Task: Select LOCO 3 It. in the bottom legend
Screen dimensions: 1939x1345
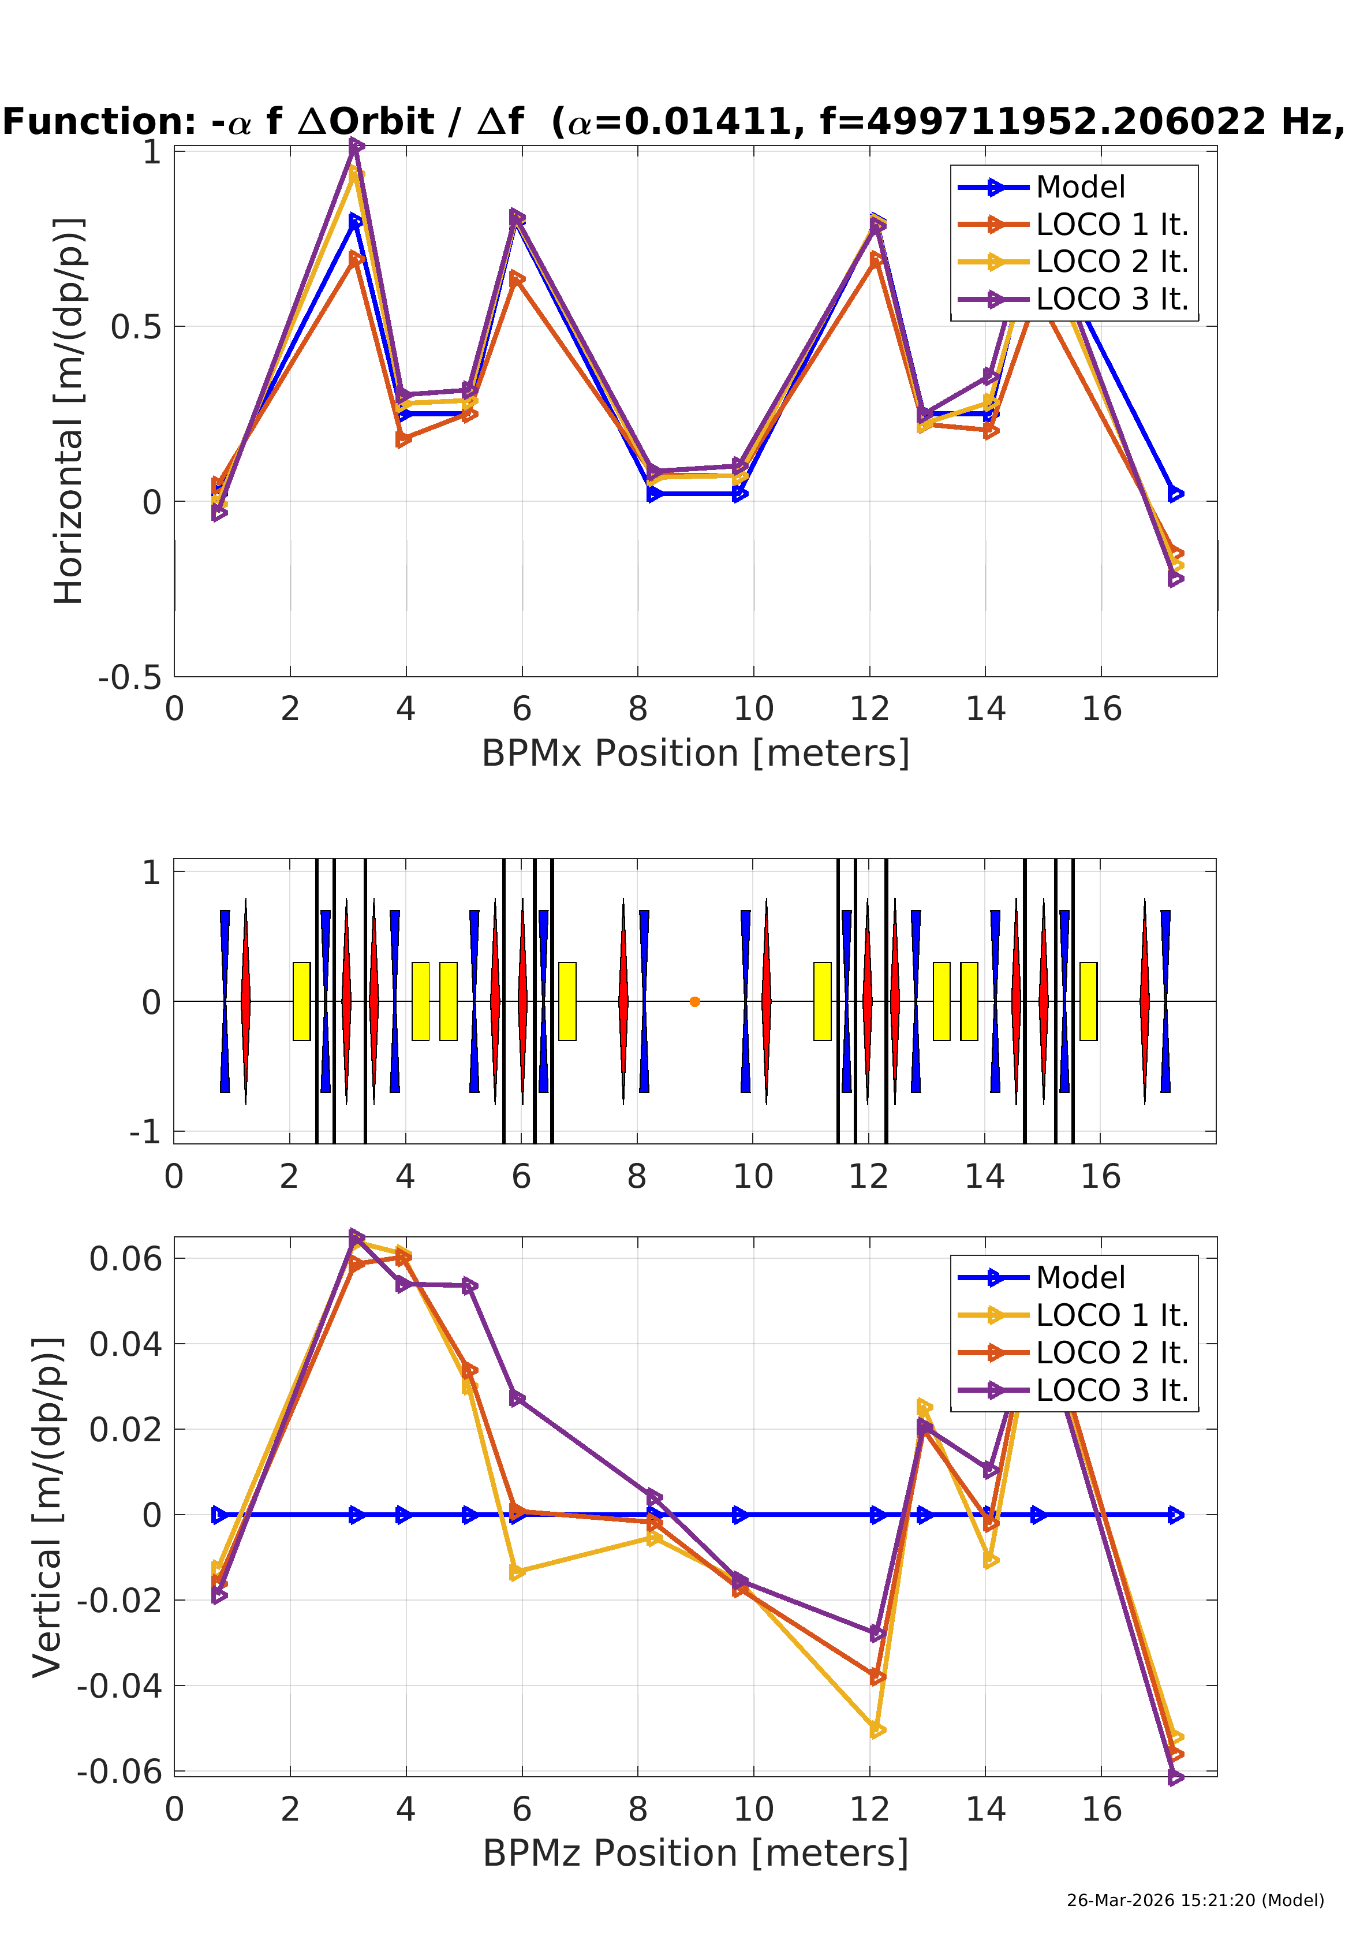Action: [x=1111, y=1390]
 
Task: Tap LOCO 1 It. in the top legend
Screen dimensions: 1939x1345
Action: [x=1111, y=224]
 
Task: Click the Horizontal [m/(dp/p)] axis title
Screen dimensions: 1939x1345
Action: [x=69, y=411]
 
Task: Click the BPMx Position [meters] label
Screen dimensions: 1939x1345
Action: [x=695, y=753]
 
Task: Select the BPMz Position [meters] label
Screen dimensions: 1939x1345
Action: [x=695, y=1853]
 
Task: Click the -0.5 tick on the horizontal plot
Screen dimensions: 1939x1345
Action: [x=130, y=677]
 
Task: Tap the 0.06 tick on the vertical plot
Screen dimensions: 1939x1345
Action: [x=126, y=1259]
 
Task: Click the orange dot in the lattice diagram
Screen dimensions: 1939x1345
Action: [x=694, y=1001]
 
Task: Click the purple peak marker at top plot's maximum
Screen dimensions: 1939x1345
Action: [x=357, y=146]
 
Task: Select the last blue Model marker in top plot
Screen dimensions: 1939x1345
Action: [x=1176, y=494]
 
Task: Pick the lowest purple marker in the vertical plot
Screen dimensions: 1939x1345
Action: [x=1176, y=1777]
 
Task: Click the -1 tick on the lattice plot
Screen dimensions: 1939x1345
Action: [x=144, y=1131]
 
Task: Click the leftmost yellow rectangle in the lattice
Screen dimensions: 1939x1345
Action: [x=301, y=1001]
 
